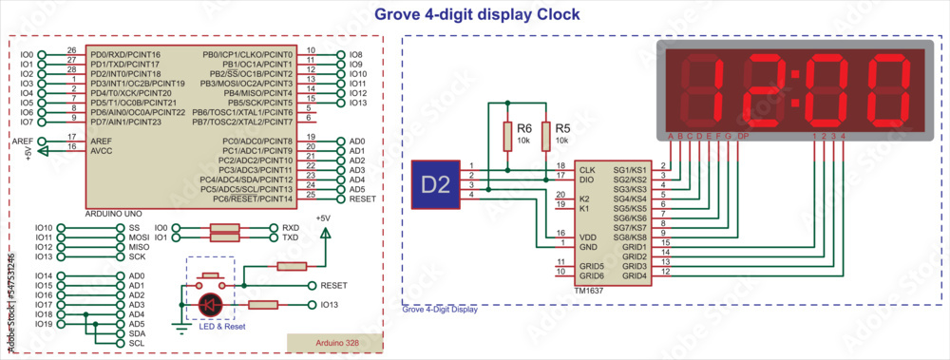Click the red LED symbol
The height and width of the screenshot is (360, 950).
tap(210, 305)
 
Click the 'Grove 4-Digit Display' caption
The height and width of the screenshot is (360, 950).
tap(440, 310)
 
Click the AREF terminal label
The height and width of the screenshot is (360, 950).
tap(22, 141)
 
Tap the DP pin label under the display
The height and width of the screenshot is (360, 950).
tap(743, 136)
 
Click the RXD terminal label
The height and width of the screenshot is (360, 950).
tap(291, 228)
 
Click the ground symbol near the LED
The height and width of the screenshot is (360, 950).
tap(179, 328)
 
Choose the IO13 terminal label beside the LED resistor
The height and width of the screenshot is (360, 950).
tap(330, 305)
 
